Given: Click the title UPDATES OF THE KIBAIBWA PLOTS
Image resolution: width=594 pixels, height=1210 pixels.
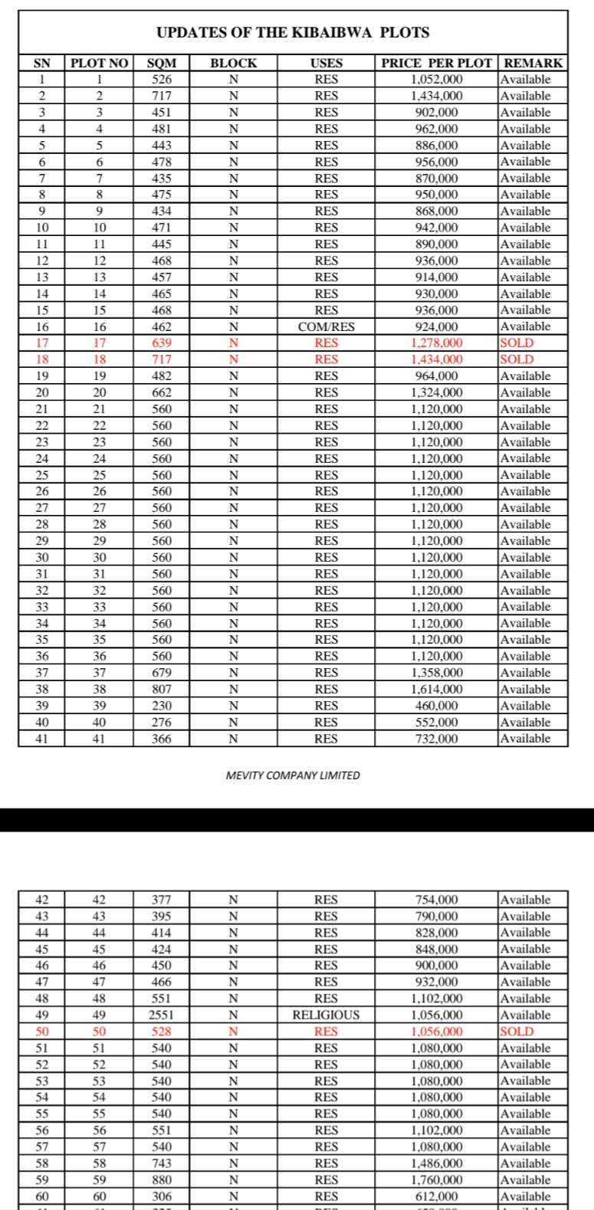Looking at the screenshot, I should click(x=293, y=33).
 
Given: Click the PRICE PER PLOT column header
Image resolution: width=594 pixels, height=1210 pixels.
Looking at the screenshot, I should click(x=436, y=63).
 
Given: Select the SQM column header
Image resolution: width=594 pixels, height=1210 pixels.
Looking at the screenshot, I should click(x=162, y=63).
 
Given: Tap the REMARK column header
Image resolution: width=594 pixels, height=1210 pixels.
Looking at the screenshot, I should click(x=533, y=63).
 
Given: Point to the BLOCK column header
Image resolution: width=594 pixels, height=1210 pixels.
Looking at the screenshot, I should click(x=234, y=63).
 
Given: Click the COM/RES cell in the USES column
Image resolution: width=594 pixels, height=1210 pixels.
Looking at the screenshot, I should click(x=326, y=326).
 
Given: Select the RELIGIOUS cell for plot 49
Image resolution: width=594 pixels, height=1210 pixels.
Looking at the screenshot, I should click(x=326, y=1015).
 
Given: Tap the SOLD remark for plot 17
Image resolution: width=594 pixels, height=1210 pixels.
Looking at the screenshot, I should click(x=517, y=343).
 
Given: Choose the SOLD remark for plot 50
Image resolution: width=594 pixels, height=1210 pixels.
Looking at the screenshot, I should click(x=517, y=1031).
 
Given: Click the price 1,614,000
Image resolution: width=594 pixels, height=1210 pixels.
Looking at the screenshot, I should click(x=436, y=689).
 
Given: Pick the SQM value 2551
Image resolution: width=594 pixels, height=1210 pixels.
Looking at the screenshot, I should click(x=162, y=1015).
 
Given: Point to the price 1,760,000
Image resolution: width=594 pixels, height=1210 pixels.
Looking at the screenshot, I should click(x=436, y=1179).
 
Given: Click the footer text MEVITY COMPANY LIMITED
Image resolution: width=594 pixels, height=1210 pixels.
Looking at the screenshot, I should click(x=293, y=776).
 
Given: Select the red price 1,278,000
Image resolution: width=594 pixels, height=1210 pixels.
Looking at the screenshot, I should click(x=436, y=343).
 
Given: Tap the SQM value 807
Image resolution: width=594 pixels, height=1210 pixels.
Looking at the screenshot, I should click(x=162, y=689).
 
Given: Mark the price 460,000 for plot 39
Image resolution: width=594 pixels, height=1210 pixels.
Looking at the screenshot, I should click(x=436, y=706).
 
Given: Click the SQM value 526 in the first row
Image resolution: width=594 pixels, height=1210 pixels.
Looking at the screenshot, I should click(x=162, y=79).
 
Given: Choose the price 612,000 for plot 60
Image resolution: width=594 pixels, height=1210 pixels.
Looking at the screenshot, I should click(x=436, y=1196).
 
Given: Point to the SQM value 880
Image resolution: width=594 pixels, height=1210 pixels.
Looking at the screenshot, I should click(x=162, y=1179).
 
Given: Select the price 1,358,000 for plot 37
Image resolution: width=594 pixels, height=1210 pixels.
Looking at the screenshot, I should click(x=436, y=673).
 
